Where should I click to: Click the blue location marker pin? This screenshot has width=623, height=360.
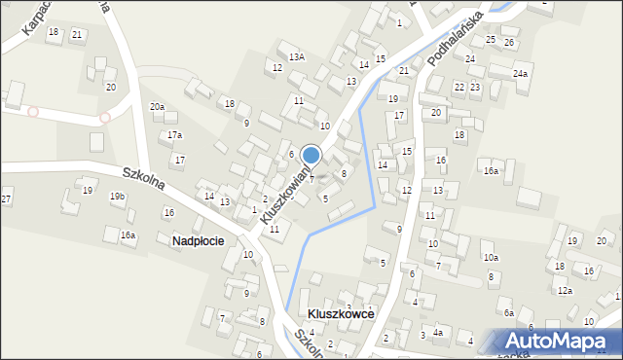(311, 156)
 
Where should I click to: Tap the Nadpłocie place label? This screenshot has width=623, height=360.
(198, 240)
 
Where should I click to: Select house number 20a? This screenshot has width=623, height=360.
(157, 106)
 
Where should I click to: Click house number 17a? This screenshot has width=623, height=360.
(174, 134)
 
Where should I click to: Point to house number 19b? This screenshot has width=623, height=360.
(117, 197)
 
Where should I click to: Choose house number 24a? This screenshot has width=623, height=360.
(521, 74)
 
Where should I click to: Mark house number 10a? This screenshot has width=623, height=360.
(491, 257)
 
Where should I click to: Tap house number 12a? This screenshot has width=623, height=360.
(565, 290)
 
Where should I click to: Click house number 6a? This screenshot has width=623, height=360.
(508, 312)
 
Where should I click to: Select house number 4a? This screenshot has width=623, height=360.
(438, 334)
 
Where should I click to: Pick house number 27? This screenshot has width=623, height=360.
(7, 199)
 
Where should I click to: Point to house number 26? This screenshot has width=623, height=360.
(508, 43)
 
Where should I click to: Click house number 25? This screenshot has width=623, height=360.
(491, 40)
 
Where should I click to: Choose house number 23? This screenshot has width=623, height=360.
(475, 87)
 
